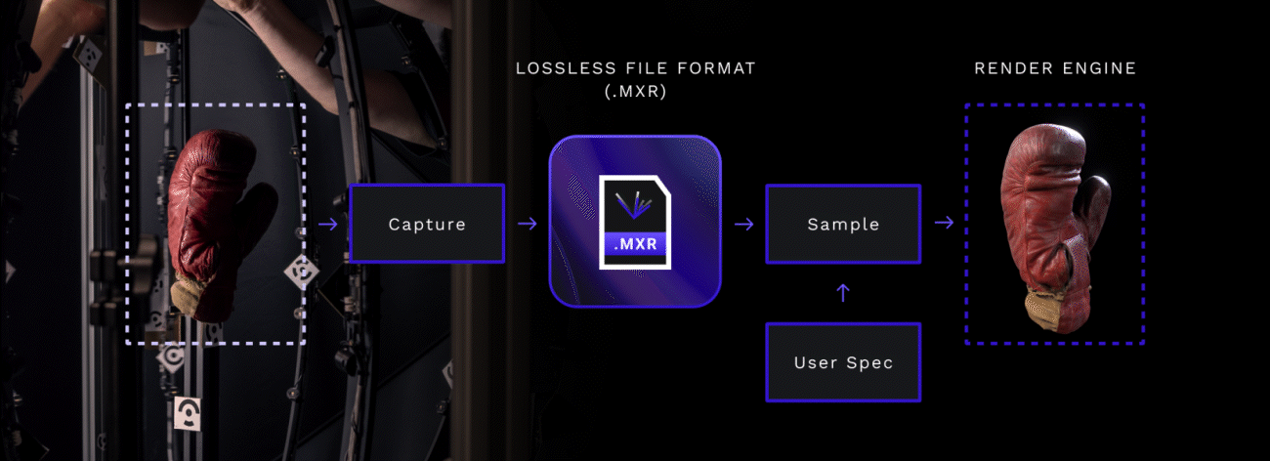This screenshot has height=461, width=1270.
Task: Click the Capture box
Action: (427, 224)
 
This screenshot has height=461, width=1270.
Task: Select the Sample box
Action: (843, 224)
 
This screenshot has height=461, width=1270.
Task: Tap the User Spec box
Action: (843, 362)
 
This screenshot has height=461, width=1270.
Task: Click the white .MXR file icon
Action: (635, 222)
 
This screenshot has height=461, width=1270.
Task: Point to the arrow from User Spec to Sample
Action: (844, 292)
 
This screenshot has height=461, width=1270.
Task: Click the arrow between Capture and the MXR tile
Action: (528, 224)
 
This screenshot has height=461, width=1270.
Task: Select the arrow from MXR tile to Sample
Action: (744, 224)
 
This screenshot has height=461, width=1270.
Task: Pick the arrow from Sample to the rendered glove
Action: (943, 224)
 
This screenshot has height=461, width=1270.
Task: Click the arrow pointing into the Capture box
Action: (328, 225)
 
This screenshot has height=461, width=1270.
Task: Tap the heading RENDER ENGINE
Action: (1055, 68)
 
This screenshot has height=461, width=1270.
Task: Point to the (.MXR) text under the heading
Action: (635, 93)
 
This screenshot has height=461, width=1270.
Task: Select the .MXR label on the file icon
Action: (635, 245)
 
